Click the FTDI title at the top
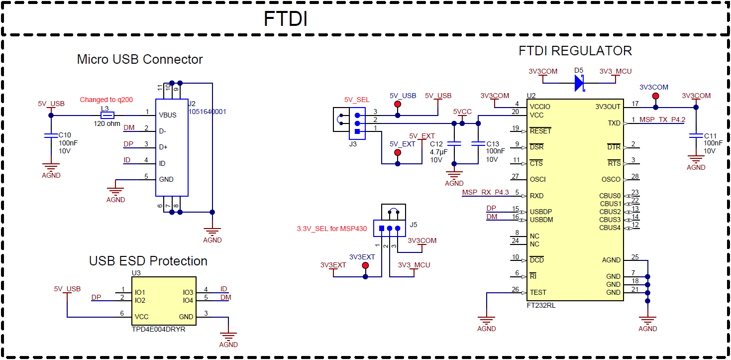click(285, 19)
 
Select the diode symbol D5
click(579, 84)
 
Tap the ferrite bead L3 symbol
click(107, 115)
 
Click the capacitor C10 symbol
click(50, 135)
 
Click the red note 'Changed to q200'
click(106, 100)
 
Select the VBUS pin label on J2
click(168, 115)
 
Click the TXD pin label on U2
click(614, 123)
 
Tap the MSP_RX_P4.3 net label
click(485, 192)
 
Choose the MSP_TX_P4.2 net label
click(662, 120)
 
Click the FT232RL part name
click(541, 305)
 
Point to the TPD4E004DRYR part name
click(158, 329)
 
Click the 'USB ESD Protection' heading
click(148, 261)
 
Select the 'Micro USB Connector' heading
click(140, 59)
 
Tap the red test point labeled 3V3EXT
click(365, 265)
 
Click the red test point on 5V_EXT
click(397, 152)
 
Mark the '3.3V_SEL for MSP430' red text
click(331, 229)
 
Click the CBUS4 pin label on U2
click(610, 228)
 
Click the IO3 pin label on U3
click(188, 292)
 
